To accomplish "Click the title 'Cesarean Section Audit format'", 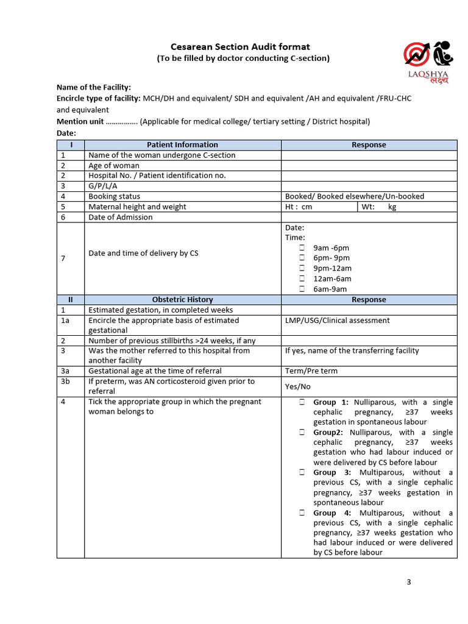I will coord(239,47).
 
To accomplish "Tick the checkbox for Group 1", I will coord(302,403).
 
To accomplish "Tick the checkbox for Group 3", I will coord(302,473).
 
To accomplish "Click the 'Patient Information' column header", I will coord(182,145).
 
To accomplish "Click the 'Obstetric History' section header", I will coord(182,300).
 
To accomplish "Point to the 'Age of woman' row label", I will coord(114,166).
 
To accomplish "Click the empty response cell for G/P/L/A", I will coord(369,186).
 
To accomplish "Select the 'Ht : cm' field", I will coord(319,207).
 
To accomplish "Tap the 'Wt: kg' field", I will coord(406,207).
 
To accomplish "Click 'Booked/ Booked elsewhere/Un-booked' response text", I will coord(355,196).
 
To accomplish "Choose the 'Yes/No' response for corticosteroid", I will coord(298,386).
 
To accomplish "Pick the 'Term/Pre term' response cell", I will coord(311,371).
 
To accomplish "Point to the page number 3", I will coord(409,582).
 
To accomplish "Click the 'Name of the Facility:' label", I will coord(94,88).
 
